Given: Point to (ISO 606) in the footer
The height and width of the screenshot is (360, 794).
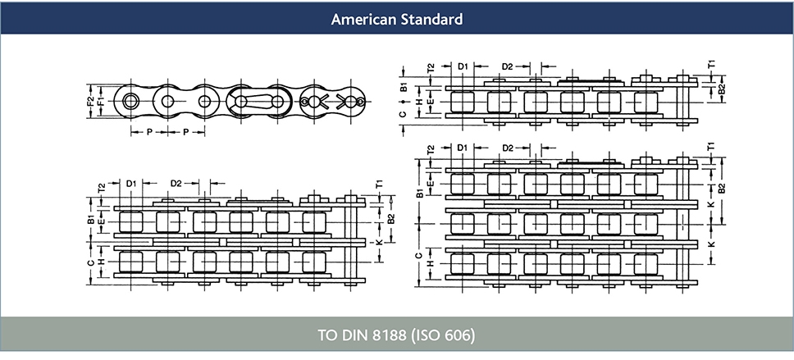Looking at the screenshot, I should [x=442, y=336].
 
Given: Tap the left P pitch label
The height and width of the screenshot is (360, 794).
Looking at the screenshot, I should [x=149, y=131].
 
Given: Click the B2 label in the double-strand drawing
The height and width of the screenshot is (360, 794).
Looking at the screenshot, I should [x=390, y=220].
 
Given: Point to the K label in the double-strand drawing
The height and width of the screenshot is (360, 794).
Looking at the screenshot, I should [x=378, y=243].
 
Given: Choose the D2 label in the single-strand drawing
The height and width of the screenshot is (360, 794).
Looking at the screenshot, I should [x=507, y=66].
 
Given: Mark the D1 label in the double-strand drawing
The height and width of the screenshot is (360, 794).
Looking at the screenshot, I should [x=130, y=183].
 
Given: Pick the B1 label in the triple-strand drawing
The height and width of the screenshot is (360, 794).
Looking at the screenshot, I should [x=419, y=193].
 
